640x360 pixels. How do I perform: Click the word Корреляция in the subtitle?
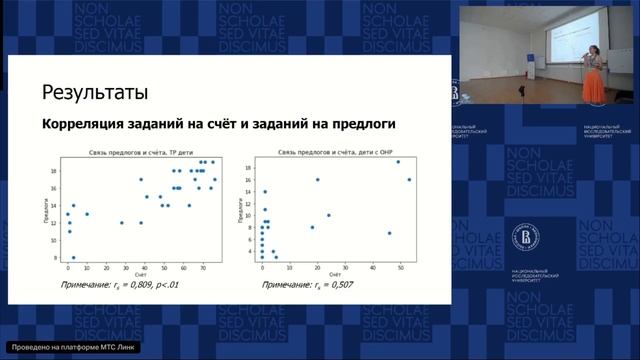coord(80,125)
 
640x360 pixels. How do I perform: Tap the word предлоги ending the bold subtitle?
coord(360,125)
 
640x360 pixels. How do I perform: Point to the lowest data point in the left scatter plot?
coord(72,257)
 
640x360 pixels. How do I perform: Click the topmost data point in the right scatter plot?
coord(398,161)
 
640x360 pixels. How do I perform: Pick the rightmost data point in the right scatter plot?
coord(409,180)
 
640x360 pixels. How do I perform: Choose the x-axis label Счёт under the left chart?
coord(138,273)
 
